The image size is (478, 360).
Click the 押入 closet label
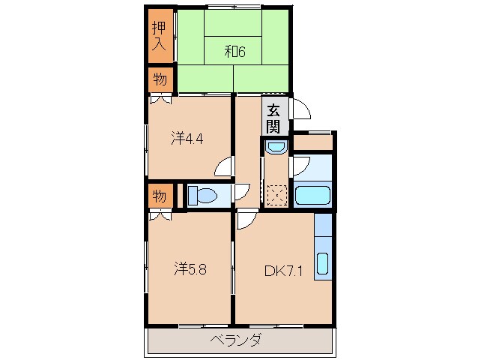click(x=160, y=37)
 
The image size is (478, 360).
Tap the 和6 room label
click(x=235, y=52)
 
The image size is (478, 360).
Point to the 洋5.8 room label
click(x=190, y=268)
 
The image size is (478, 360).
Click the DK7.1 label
click(x=282, y=271)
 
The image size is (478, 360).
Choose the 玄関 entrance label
click(x=273, y=117)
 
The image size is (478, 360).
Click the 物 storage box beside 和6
click(x=160, y=78)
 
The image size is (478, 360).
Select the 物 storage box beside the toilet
click(x=160, y=196)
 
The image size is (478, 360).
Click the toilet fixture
click(x=202, y=196)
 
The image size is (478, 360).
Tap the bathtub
click(x=314, y=196)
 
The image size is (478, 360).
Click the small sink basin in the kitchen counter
click(x=323, y=264)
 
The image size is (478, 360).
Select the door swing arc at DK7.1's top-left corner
click(x=246, y=220)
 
